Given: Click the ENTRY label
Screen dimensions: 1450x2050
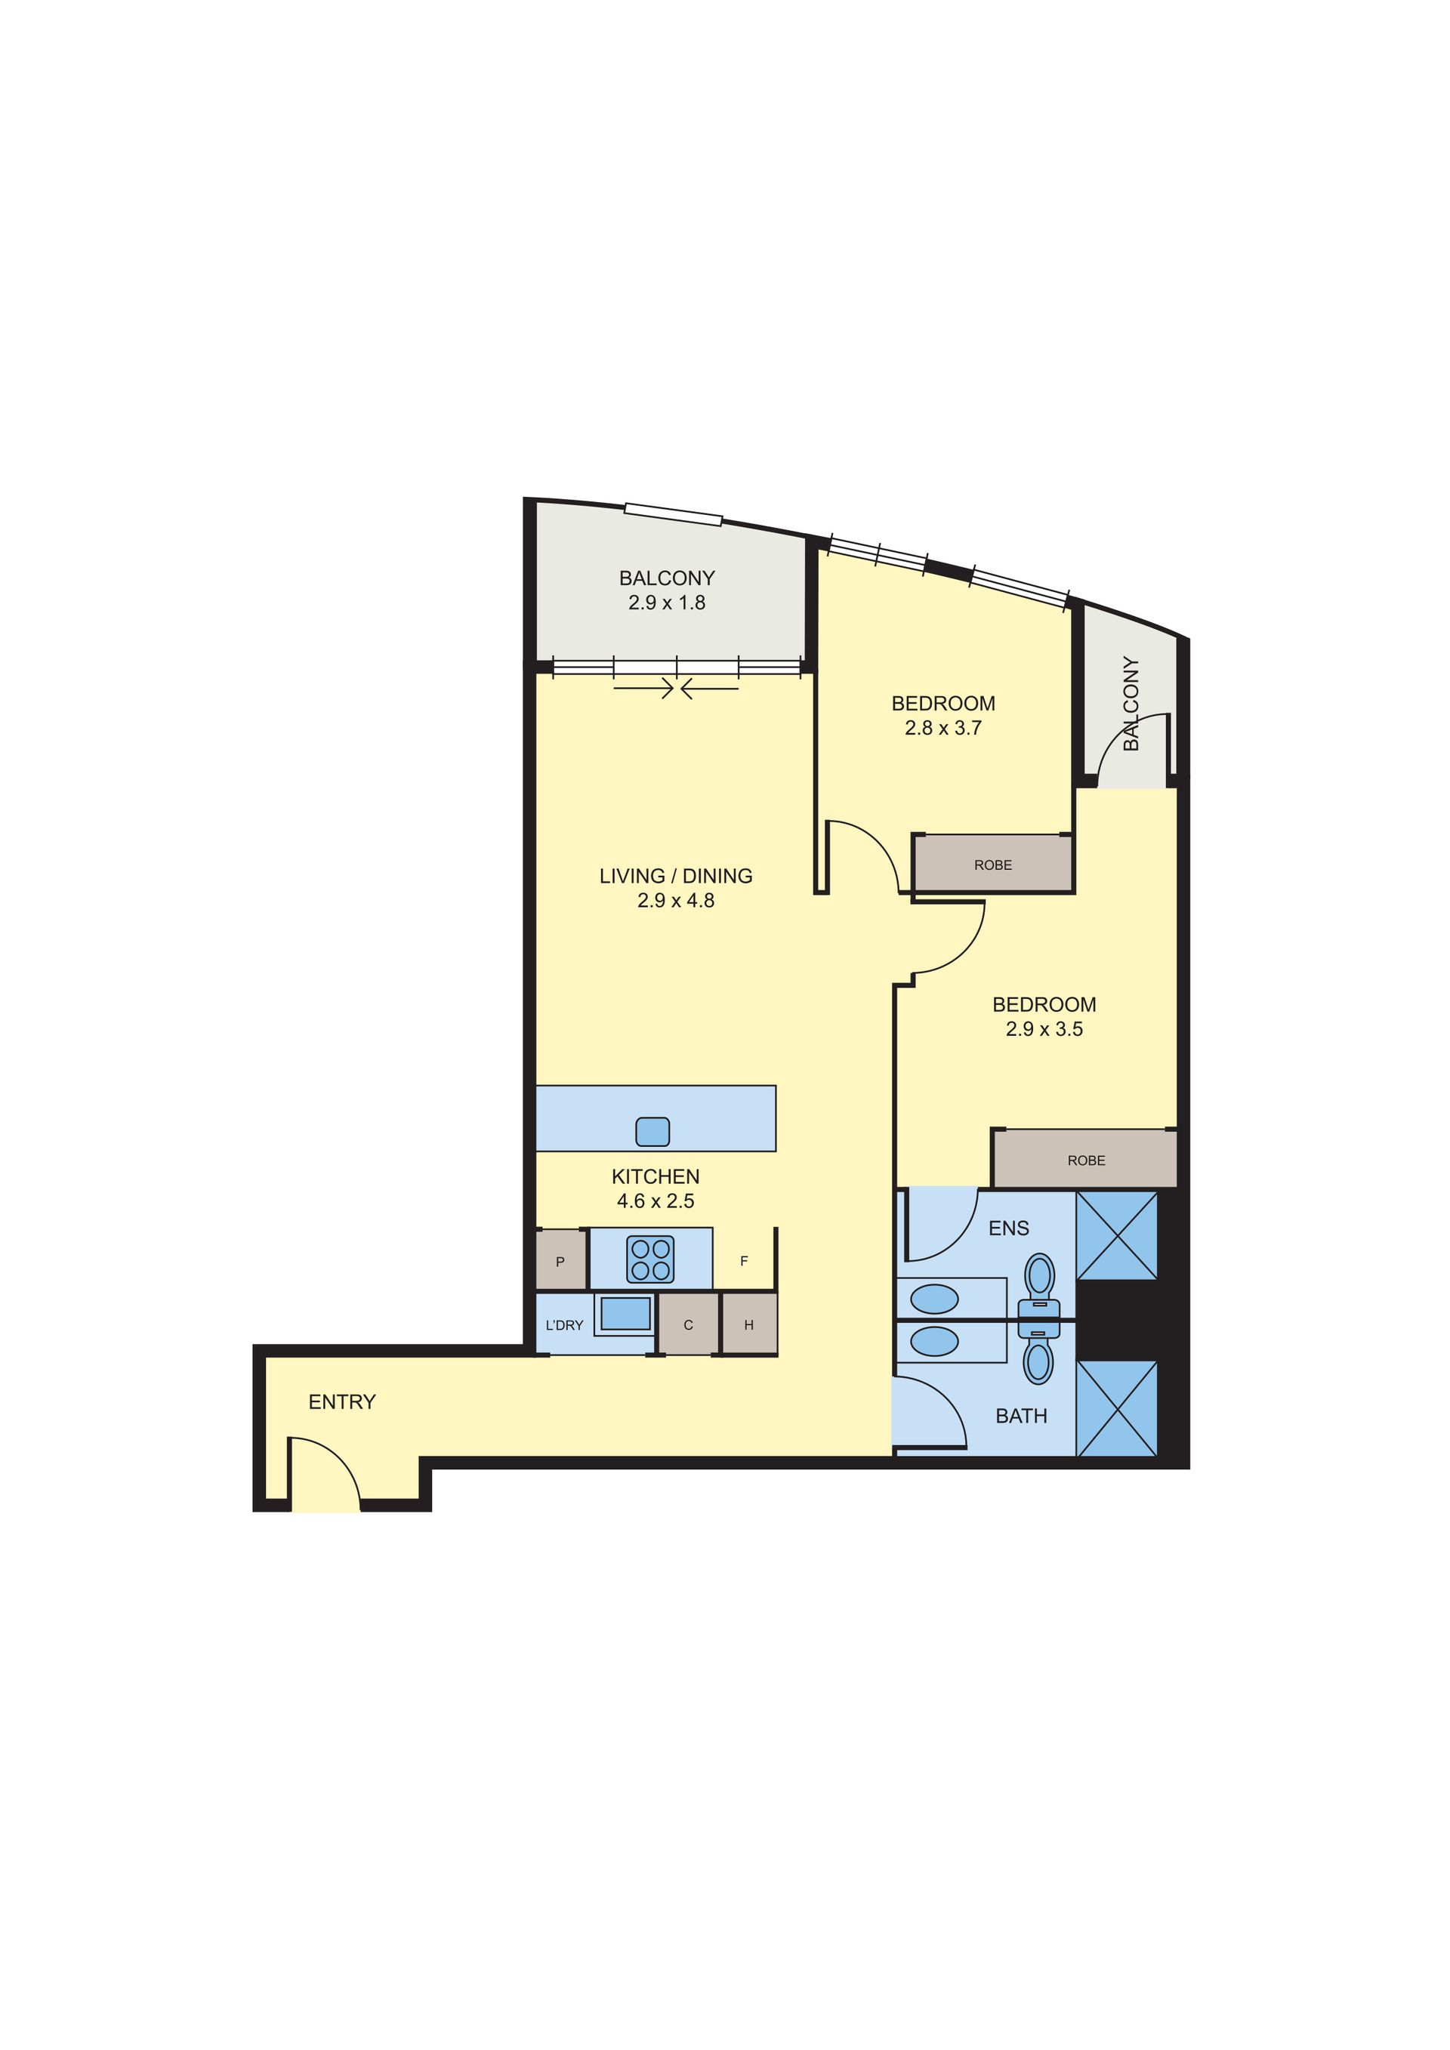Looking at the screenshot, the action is [x=342, y=1402].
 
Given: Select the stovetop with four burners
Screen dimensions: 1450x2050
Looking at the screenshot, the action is [x=650, y=1259].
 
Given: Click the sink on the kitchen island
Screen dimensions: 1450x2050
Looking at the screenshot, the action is [x=652, y=1131].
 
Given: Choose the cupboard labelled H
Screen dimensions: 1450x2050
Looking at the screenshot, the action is [x=749, y=1325].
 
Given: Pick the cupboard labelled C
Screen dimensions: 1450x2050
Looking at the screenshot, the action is [x=687, y=1325].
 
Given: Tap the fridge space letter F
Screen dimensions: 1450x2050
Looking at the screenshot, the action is [x=744, y=1261].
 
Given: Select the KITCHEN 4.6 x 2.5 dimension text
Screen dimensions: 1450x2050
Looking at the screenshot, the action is [x=656, y=1188].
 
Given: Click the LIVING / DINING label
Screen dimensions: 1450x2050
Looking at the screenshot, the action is [x=676, y=876].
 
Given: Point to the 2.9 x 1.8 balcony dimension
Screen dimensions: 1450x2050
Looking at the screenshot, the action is [x=667, y=603].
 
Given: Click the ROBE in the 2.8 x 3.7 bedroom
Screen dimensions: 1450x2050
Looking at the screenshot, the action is [x=993, y=865].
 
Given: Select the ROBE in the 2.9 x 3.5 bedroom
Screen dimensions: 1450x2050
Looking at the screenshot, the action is [x=1086, y=1160].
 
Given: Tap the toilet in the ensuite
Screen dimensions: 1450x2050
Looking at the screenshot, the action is [x=1039, y=1285].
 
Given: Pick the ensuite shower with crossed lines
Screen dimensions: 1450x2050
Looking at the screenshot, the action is [x=1117, y=1236].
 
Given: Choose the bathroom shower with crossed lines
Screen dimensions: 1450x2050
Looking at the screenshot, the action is [x=1117, y=1409].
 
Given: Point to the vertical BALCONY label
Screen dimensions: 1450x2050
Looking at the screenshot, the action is [x=1131, y=704].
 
